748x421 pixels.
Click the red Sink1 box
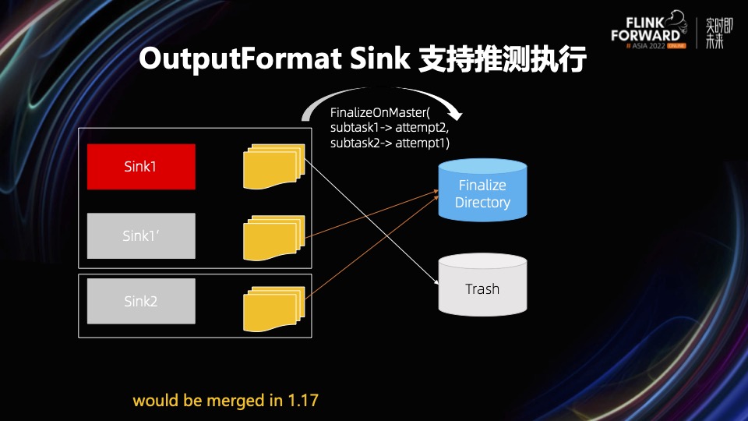click(141, 166)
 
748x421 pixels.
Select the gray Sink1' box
click(141, 235)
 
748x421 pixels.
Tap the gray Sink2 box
click(141, 301)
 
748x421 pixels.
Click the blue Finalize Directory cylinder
click(482, 193)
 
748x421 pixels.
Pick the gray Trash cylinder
click(482, 288)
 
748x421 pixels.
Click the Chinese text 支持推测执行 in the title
click(502, 59)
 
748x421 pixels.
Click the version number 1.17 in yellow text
click(304, 401)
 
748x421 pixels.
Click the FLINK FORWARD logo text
click(649, 29)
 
